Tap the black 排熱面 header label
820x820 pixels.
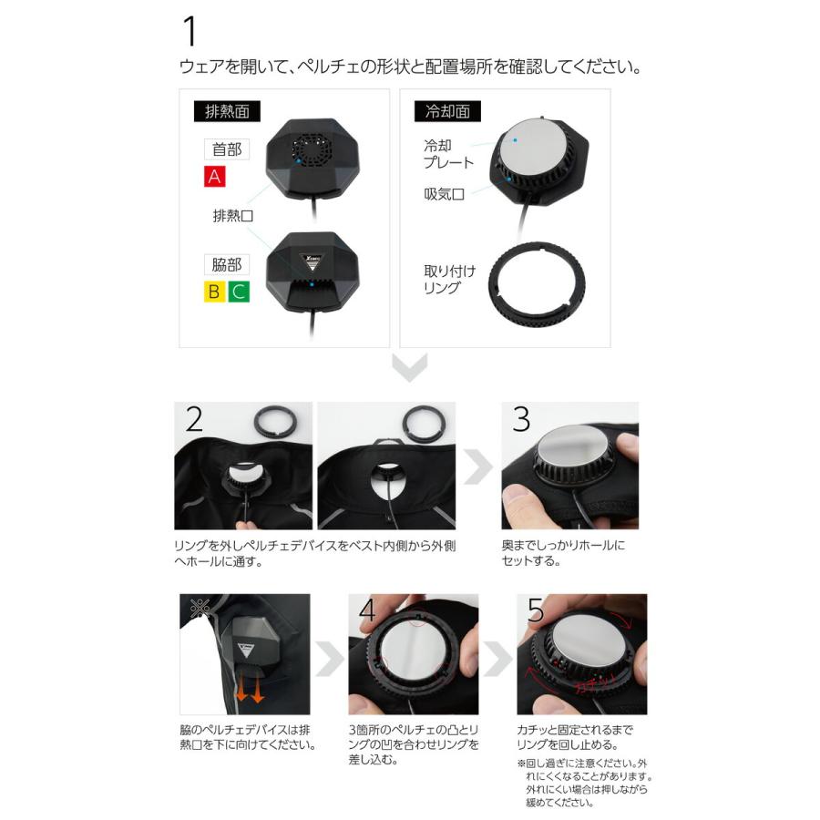[x=227, y=112]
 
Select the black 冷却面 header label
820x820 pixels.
[x=447, y=112]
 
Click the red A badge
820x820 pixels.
[x=215, y=177]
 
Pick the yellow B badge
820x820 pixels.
[x=214, y=292]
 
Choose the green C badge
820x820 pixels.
[x=239, y=292]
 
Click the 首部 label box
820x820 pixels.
[x=227, y=149]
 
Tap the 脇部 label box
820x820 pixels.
[x=227, y=265]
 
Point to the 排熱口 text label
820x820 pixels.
[x=232, y=217]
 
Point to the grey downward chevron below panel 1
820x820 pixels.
[x=409, y=369]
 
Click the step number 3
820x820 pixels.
[x=521, y=419]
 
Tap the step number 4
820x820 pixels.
[x=367, y=610]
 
